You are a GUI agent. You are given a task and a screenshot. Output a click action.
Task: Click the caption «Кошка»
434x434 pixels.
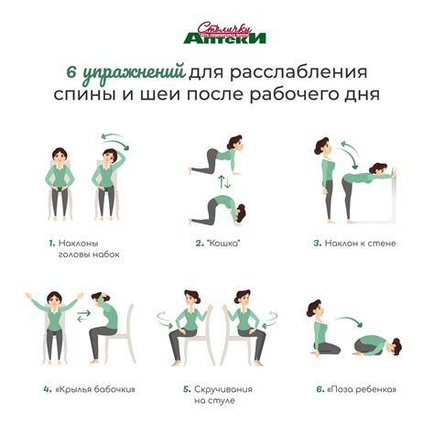click(x=218, y=244)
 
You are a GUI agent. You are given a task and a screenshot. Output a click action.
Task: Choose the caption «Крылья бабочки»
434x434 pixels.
click(x=83, y=388)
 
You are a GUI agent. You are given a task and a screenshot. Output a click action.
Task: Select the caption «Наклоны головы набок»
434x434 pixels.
click(x=84, y=249)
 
